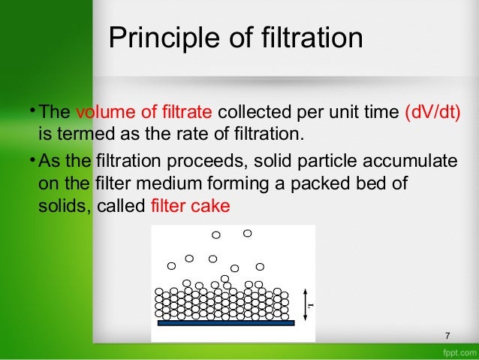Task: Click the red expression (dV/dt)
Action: click(x=432, y=113)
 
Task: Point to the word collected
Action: click(x=255, y=113)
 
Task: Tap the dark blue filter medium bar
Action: click(x=226, y=322)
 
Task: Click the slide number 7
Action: click(x=447, y=335)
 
